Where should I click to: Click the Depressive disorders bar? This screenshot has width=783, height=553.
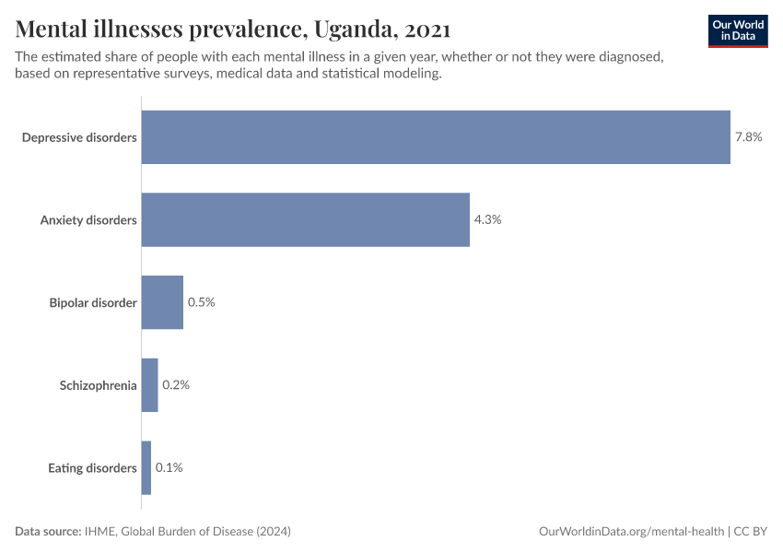(436, 137)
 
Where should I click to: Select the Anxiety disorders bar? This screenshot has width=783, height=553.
(305, 219)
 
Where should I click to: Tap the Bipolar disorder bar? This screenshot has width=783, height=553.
(162, 302)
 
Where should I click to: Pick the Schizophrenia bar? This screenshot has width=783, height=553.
(149, 385)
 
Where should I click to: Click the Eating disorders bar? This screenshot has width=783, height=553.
(146, 468)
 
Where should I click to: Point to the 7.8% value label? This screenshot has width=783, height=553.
(748, 137)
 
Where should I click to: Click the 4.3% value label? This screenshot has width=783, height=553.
(487, 219)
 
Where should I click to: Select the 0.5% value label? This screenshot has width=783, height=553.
(201, 302)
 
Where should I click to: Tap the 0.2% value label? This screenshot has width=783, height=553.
(175, 385)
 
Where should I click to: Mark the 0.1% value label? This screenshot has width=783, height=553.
(169, 468)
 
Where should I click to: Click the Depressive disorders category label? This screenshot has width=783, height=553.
(79, 137)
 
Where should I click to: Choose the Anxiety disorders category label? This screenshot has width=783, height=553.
(88, 220)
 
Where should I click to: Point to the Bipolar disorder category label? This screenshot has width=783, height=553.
(93, 302)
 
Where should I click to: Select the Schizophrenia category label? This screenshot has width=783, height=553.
(99, 385)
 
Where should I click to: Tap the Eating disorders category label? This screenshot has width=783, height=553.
(92, 468)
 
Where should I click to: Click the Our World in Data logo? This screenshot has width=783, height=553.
(737, 30)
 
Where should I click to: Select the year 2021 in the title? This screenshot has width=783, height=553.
(427, 29)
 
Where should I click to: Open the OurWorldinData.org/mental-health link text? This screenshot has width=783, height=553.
(631, 532)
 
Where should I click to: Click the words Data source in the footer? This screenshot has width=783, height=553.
(47, 532)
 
